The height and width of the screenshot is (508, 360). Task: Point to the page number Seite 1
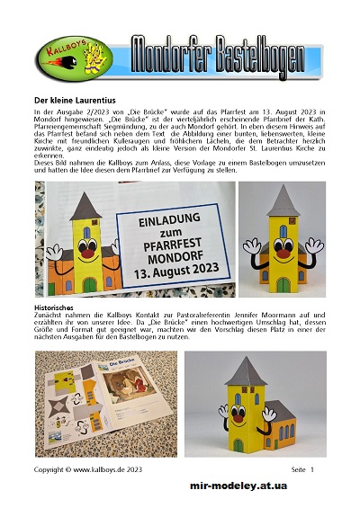point(302,470)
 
